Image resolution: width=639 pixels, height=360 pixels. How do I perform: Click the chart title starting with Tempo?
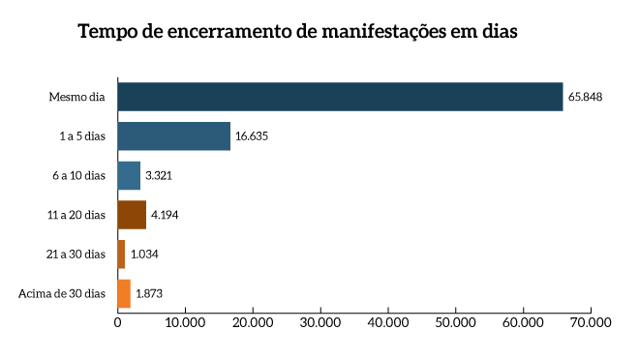click(x=297, y=31)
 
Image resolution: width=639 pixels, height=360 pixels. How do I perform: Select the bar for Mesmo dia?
click(x=340, y=97)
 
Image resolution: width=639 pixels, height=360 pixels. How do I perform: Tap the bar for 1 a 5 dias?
click(x=173, y=136)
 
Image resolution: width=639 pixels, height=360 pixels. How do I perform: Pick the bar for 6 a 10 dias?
click(x=129, y=175)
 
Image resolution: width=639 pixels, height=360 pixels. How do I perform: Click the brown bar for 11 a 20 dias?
click(x=132, y=215)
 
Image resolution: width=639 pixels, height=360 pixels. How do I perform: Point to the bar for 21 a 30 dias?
click(x=121, y=254)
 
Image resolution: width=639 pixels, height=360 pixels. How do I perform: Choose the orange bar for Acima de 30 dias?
click(x=124, y=293)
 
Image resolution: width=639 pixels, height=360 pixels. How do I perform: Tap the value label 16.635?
click(x=251, y=136)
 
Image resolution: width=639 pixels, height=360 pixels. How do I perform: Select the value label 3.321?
click(x=159, y=175)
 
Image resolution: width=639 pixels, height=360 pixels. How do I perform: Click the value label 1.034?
click(x=144, y=254)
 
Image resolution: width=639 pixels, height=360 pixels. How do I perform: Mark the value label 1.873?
click(x=149, y=293)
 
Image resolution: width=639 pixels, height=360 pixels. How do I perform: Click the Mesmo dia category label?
click(x=76, y=97)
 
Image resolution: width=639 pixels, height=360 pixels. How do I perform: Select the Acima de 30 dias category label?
click(x=62, y=293)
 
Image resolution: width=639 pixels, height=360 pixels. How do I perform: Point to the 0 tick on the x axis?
click(x=117, y=322)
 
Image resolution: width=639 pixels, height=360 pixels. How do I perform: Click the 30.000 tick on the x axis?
click(x=320, y=322)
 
